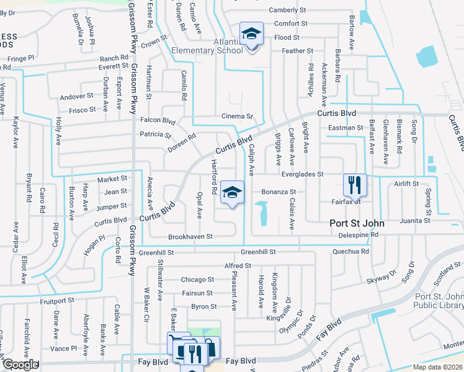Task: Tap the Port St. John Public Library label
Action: pos(439,301)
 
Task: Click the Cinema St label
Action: pos(238,116)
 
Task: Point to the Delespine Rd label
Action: pos(358,235)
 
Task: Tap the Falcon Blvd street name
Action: pos(158,120)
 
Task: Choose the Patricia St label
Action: pos(155,135)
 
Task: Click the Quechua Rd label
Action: pos(350,252)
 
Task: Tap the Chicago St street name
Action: pos(198,280)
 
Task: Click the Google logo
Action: pos(20,364)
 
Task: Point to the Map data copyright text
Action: pos(438,367)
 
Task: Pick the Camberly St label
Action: pos(288,11)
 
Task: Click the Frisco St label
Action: pos(82,110)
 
